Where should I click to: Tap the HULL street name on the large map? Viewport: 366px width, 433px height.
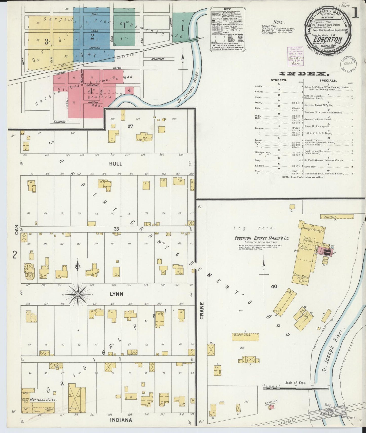116,164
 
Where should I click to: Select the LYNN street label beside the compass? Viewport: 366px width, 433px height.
117,294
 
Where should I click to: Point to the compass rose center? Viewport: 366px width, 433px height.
78,295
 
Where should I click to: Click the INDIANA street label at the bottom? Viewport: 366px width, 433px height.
121,420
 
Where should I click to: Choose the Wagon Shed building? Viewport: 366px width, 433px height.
245,337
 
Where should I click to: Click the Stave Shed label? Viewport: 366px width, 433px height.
329,217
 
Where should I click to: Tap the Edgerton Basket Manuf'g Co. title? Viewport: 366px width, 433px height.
262,238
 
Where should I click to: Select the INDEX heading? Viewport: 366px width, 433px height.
302,74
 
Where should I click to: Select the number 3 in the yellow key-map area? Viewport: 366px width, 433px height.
47,42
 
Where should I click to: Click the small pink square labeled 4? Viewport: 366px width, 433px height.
129,90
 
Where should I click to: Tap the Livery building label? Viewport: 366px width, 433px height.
73,408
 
